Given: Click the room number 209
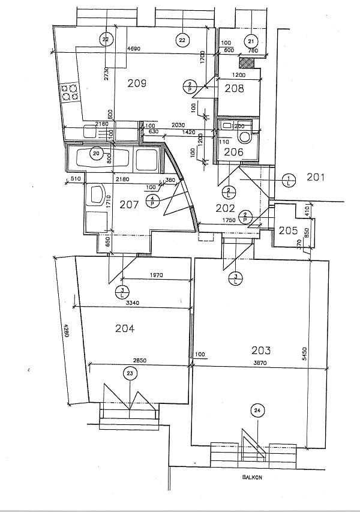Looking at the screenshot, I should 137,83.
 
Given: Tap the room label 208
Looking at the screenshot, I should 234,89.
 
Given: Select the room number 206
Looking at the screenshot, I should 234,152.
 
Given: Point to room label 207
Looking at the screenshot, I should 129,205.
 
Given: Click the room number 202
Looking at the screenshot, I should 226,208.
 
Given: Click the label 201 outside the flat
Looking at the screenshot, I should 316,177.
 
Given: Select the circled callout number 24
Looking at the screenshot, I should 257,411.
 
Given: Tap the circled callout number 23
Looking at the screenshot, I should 130,373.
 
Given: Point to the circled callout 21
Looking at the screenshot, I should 251,41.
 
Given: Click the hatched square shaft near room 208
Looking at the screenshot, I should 245,61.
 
